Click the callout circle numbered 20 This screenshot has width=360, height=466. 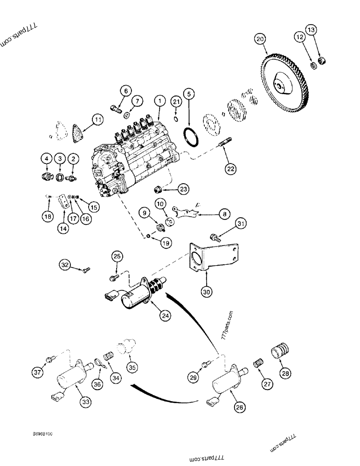[x=260, y=39]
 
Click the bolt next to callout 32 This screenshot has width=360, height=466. [x=84, y=270]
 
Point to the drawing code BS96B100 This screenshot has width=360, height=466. [x=42, y=433]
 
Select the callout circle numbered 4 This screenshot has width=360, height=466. [x=47, y=159]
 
